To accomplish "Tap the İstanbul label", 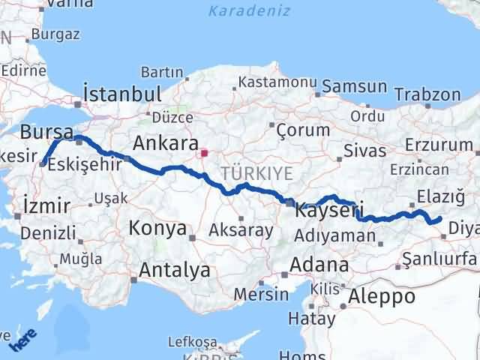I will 123,94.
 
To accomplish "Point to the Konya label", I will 157,228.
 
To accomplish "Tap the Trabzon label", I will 427,95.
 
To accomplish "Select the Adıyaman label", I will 335,235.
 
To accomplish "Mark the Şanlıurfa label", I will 439,259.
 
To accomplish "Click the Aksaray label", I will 241,230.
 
